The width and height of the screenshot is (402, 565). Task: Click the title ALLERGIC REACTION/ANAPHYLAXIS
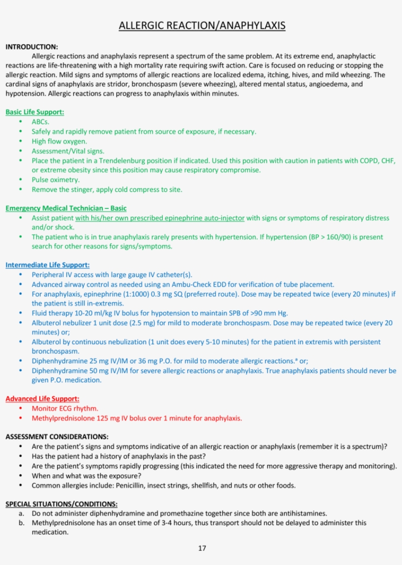click(202, 26)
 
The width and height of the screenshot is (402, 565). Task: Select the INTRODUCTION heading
click(31, 47)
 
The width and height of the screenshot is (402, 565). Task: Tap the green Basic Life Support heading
click(35, 112)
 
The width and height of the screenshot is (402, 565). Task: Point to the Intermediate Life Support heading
click(48, 265)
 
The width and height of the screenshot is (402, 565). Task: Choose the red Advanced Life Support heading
click(42, 399)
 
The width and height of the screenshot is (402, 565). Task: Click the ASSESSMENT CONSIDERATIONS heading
click(57, 437)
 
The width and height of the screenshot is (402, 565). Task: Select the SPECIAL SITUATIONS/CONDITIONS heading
click(61, 504)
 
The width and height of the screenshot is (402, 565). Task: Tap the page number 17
click(202, 548)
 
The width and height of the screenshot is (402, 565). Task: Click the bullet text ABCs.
click(40, 122)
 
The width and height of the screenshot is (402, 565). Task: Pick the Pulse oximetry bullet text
click(55, 180)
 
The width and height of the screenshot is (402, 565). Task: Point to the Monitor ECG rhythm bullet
click(65, 409)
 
